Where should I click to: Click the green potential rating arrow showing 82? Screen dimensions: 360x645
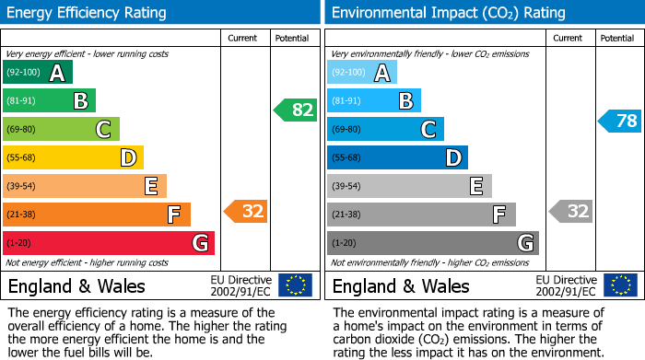[x=296, y=110]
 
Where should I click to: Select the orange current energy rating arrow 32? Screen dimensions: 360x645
[x=246, y=211]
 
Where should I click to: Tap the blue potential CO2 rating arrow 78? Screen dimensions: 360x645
[x=620, y=121]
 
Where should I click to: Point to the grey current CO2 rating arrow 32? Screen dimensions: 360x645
[x=570, y=211]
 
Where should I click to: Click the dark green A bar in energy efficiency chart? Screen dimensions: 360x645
[x=38, y=73]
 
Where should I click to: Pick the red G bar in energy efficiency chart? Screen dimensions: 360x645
[x=109, y=243]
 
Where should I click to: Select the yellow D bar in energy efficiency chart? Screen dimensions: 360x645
[x=73, y=157]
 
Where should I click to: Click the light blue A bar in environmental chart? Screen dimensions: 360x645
[x=362, y=73]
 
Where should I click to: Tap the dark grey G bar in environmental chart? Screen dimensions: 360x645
[x=432, y=243]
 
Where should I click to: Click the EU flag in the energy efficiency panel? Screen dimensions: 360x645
[x=295, y=285]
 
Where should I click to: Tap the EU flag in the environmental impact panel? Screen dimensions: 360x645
[x=622, y=285]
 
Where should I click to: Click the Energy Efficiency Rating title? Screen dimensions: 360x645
[x=88, y=13]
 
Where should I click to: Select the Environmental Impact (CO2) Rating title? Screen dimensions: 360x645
[x=448, y=13]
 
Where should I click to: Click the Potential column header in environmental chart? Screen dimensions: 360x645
[x=617, y=38]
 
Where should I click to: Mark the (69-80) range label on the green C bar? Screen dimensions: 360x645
[x=21, y=129]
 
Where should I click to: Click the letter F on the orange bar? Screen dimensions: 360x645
[x=173, y=215]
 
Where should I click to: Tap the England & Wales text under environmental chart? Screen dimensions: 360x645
[x=400, y=285]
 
